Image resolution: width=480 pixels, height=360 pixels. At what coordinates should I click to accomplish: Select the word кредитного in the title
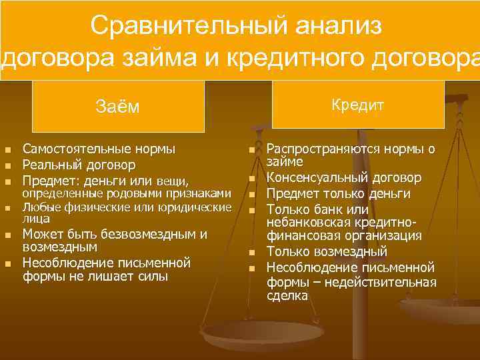coord(298,57)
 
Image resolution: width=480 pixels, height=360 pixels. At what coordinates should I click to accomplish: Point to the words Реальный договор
coord(79,164)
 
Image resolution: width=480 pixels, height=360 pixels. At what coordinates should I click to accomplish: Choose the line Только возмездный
coord(327,252)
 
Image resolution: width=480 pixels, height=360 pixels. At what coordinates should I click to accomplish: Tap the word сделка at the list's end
coord(287,295)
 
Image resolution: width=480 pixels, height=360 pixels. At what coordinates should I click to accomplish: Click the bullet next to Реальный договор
coord(8,165)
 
